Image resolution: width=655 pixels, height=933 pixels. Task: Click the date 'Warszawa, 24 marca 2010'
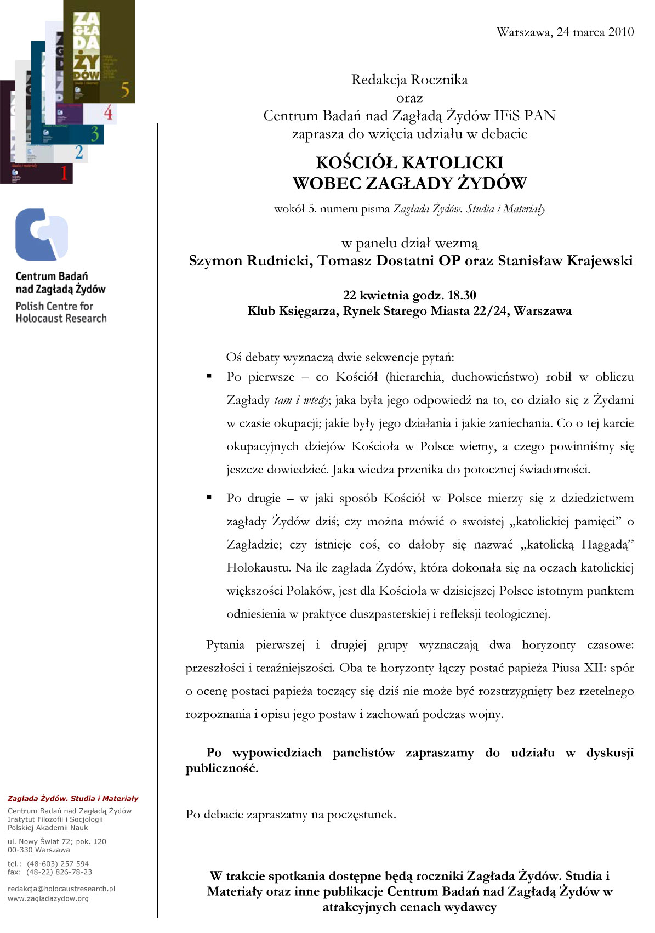565,32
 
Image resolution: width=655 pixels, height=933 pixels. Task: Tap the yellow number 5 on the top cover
126,89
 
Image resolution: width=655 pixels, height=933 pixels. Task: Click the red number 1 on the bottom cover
64,173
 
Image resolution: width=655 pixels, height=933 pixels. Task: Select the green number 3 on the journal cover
95,134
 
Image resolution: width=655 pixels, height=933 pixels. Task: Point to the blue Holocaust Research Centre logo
42,235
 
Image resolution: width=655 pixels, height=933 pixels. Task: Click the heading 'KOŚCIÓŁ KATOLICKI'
409,162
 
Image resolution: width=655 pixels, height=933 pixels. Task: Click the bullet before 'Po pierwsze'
209,376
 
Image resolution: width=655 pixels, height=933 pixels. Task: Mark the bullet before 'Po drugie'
209,497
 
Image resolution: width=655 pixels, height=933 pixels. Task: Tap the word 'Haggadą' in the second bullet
608,544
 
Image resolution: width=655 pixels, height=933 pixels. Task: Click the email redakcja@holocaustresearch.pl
61,889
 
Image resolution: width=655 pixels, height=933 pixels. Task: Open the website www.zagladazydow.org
48,898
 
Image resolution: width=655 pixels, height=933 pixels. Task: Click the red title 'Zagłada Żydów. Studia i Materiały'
73,799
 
